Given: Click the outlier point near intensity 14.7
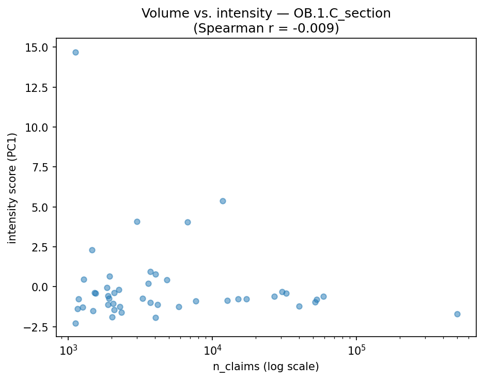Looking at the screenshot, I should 75,52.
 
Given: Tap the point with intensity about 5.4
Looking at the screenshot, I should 223,201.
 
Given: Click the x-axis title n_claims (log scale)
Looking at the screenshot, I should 266,367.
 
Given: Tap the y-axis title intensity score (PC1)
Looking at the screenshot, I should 12,188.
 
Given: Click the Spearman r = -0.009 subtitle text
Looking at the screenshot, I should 266,28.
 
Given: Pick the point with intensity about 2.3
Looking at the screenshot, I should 92,250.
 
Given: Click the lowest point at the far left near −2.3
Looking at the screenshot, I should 75,323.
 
